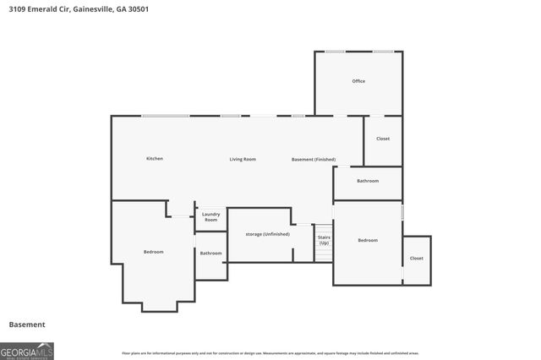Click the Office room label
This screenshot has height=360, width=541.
[358, 81]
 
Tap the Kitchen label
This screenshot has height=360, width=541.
[154, 159]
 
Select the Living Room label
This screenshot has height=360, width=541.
[243, 159]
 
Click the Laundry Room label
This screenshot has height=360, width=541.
[210, 217]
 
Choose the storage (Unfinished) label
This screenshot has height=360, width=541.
[268, 233]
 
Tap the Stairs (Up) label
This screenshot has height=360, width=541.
[324, 240]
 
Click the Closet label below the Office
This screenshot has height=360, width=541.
[383, 139]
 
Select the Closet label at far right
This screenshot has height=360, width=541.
[416, 258]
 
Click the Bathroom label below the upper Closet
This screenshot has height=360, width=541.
[368, 181]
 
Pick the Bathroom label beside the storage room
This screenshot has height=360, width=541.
[210, 253]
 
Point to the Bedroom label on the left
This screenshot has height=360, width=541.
[153, 252]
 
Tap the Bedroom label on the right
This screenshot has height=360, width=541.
[368, 240]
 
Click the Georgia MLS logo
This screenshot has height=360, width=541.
[27, 351]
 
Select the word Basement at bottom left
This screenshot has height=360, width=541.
[27, 325]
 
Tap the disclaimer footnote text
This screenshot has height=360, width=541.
[270, 352]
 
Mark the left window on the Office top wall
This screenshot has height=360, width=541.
[336, 52]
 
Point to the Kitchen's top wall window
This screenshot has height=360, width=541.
[165, 116]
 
